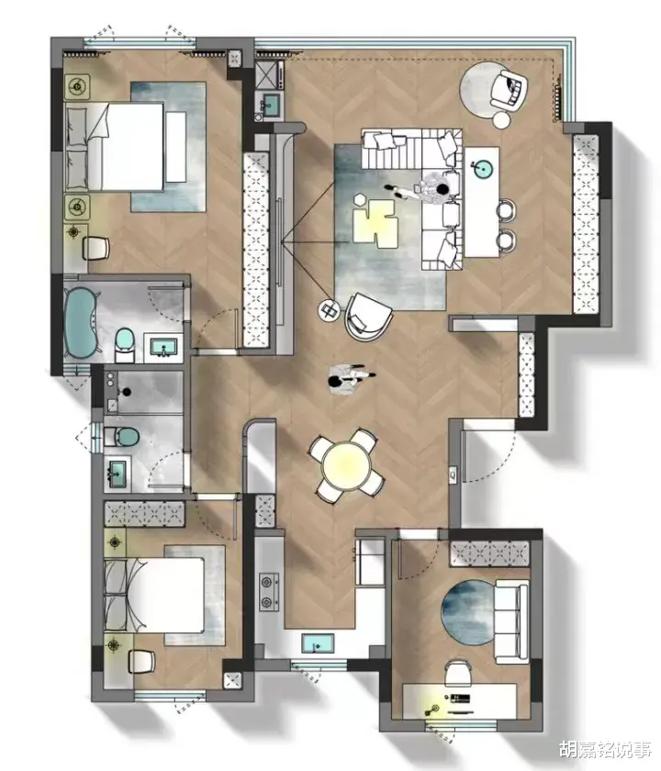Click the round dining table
346,466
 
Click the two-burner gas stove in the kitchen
268,592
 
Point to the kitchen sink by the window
318,643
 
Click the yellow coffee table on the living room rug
375,223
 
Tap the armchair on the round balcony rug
508,89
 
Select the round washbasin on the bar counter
483,169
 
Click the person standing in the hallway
351,378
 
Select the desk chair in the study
458,672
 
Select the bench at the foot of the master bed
175,147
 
